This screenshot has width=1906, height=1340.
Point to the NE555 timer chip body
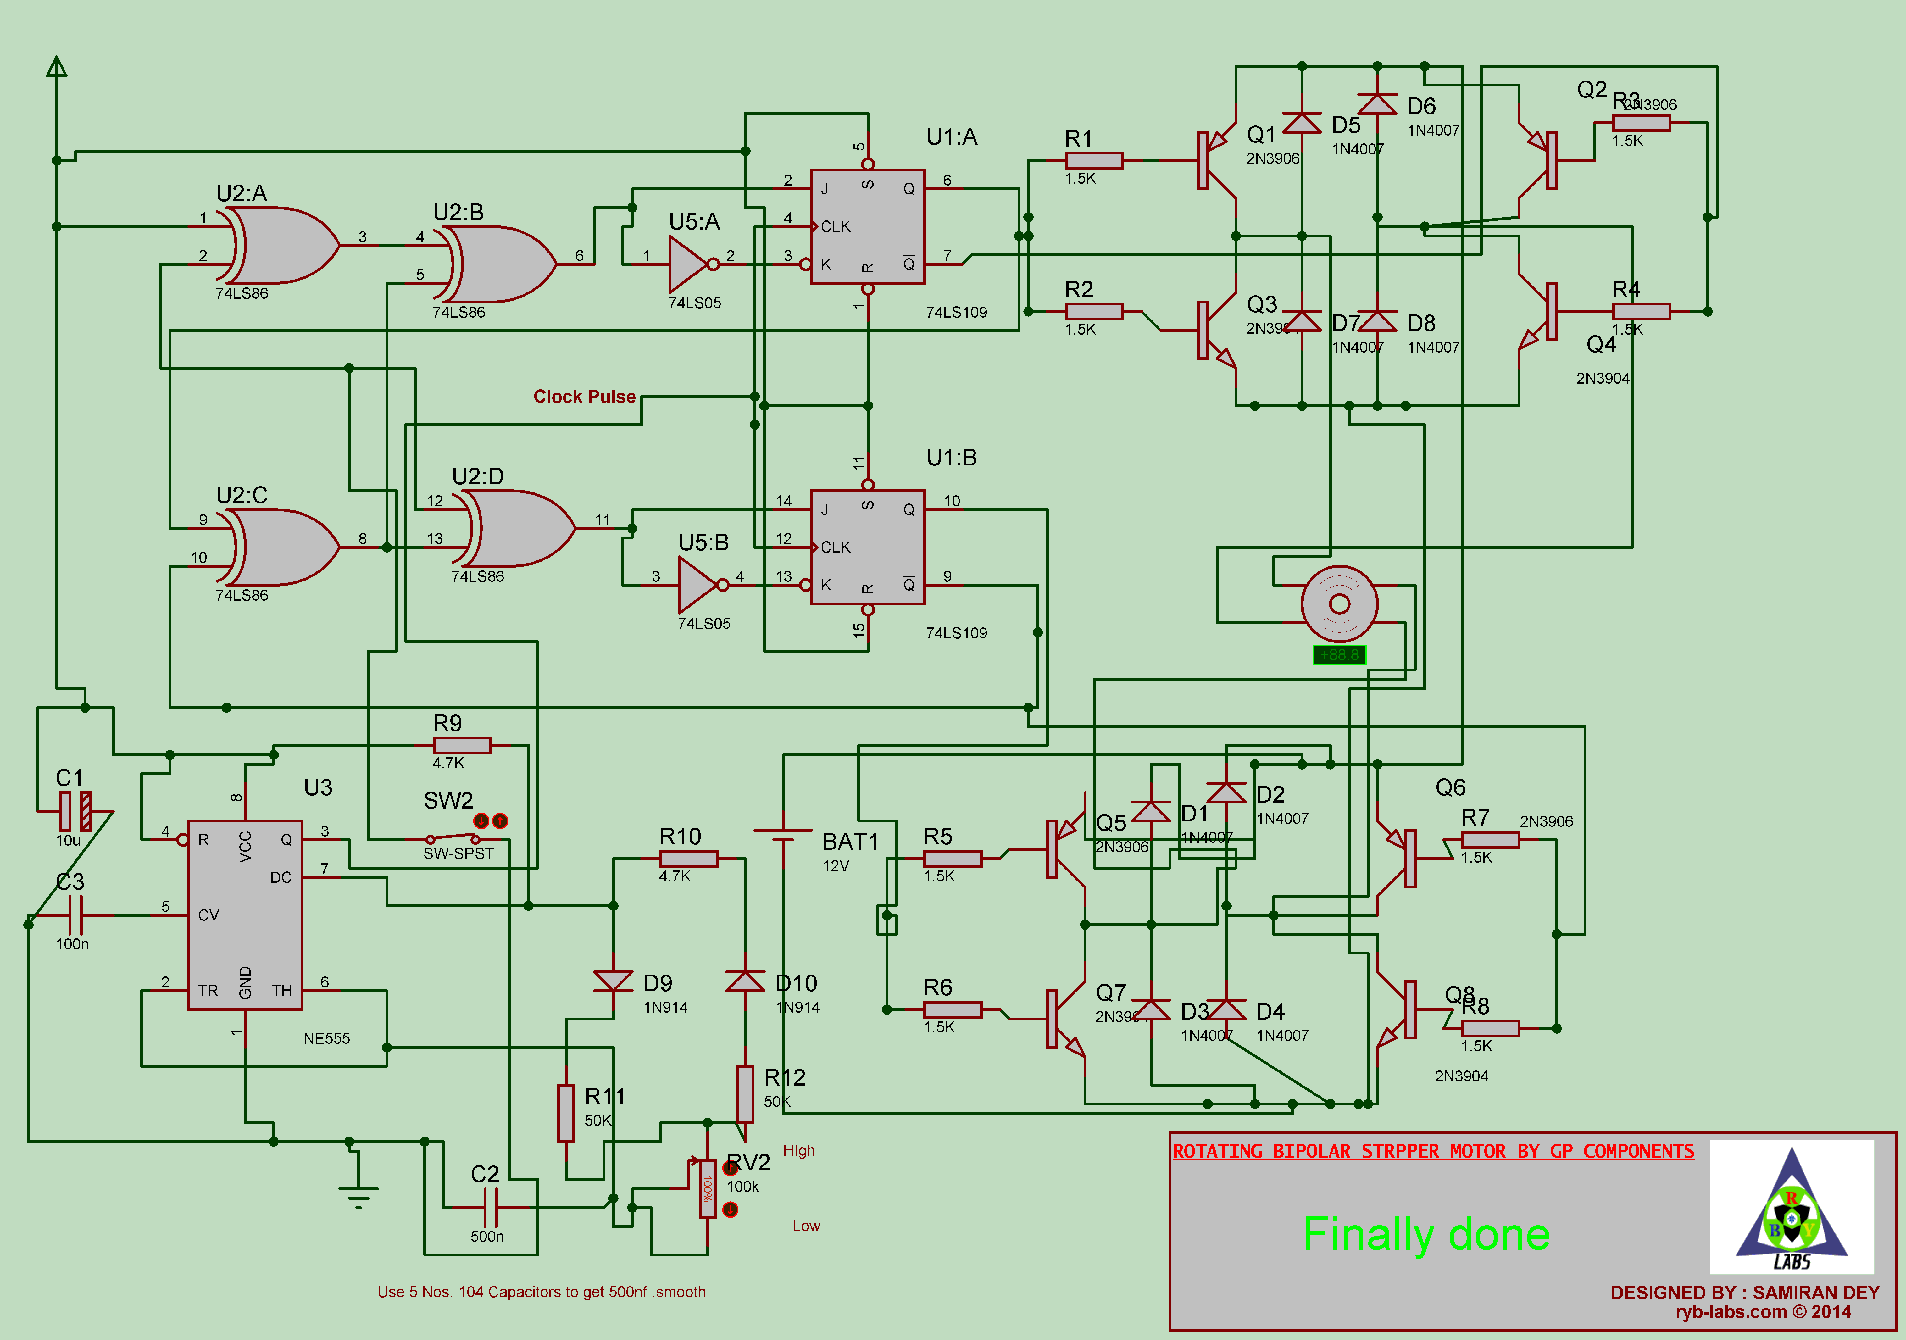245,915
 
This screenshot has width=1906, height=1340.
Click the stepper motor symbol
1339,603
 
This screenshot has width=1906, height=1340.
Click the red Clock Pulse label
584,397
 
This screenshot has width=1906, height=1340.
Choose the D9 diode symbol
614,981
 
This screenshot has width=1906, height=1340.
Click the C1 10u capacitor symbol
75,811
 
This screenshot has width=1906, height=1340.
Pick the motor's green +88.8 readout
1339,655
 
